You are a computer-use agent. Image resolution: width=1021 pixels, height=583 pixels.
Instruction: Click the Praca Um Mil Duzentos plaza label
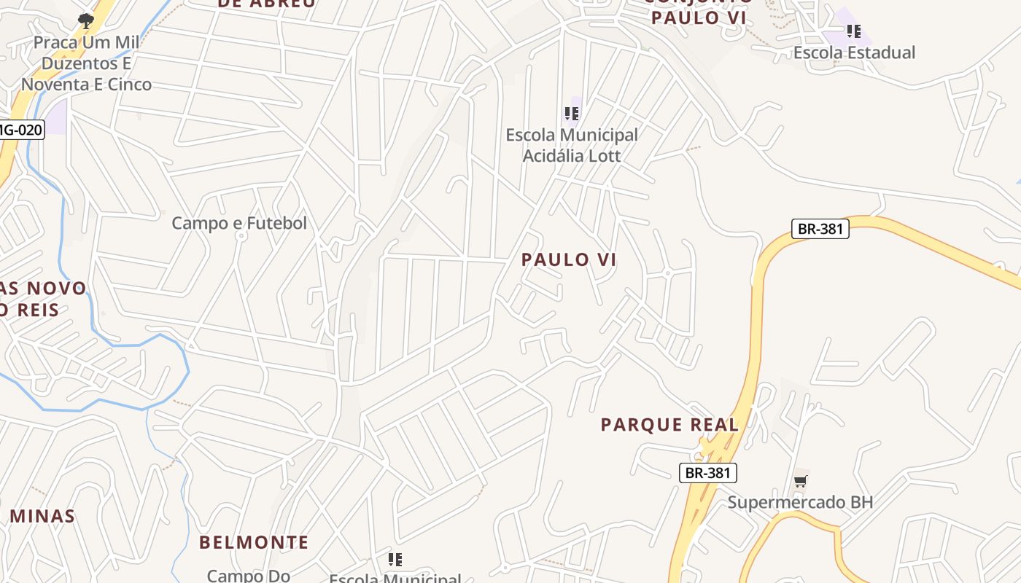86,63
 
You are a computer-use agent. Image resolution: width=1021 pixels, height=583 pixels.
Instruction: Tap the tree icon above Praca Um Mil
86,20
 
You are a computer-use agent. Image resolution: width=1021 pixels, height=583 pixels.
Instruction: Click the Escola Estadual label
854,52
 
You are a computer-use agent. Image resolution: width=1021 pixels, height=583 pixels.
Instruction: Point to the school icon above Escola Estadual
854,31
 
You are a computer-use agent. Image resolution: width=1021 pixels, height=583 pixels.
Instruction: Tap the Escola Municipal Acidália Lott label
572,145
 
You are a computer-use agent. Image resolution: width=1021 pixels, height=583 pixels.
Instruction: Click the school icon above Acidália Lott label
572,114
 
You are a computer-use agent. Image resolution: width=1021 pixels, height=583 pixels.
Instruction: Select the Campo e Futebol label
239,223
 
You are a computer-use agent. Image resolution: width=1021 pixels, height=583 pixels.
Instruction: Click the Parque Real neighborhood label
669,424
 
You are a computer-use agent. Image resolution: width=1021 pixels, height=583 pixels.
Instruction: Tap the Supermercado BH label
800,502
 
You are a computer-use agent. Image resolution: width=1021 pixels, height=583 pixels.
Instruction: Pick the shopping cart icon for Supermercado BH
801,481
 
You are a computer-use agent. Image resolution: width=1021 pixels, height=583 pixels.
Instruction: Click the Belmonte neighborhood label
254,542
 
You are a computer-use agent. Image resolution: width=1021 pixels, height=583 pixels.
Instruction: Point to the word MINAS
42,516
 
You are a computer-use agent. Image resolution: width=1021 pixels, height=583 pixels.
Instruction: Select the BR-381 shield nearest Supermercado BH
708,473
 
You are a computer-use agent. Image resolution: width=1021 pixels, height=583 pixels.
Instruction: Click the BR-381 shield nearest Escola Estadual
820,229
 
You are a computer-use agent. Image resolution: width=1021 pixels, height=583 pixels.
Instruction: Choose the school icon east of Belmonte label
395,560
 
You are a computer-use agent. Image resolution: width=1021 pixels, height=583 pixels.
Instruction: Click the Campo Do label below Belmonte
249,576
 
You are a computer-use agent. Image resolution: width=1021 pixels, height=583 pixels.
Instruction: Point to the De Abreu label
267,4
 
